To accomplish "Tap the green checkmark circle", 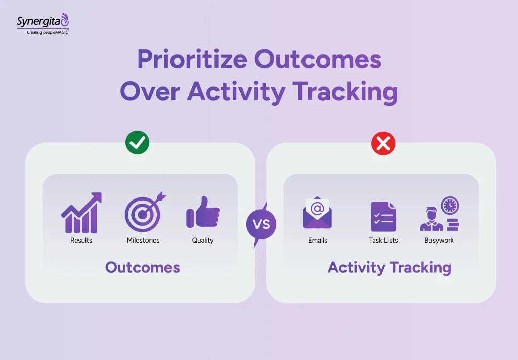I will coord(138,143).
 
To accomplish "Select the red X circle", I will coord(383,144).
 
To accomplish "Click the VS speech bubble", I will coord(261,224).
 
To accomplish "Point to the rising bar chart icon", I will coord(81,213).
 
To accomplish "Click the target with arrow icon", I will coord(144,212).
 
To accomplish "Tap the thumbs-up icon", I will coord(203,212).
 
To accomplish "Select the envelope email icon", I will coord(317,213).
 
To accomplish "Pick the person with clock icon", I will coord(439,214).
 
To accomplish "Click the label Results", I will coord(81,241).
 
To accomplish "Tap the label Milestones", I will coord(143,241).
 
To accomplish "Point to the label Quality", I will coord(203,241).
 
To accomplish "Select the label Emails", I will coord(318,241).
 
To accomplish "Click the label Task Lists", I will coord(383,241).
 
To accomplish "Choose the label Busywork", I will coord(439,241).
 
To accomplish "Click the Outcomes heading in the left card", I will coord(143,267).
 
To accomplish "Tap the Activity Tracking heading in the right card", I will coord(390,267).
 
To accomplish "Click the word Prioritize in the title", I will coord(192,60).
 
